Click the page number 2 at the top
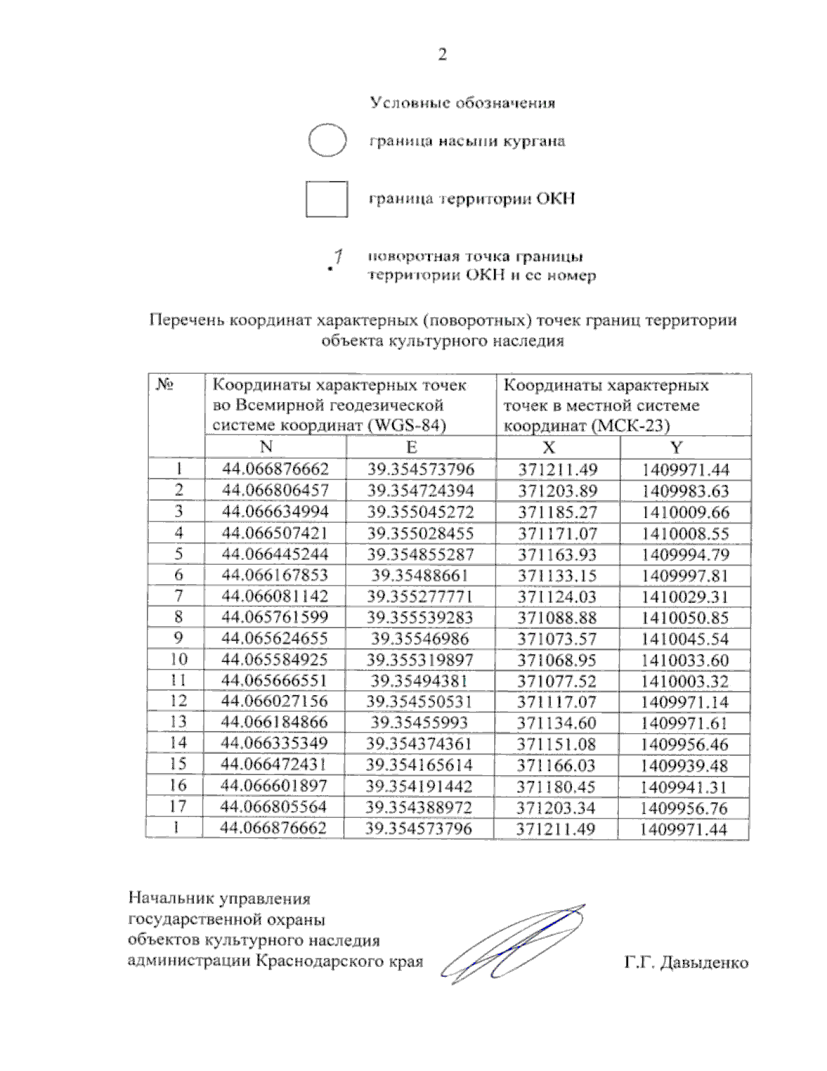(442, 54)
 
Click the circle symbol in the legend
(327, 141)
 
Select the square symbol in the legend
(327, 199)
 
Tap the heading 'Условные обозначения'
(462, 103)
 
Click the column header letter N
(267, 447)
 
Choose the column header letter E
(411, 447)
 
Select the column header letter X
(549, 448)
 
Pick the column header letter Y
(676, 448)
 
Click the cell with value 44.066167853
(275, 575)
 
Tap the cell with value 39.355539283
(420, 617)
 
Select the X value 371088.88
(557, 618)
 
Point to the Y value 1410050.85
(684, 618)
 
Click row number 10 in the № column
(178, 659)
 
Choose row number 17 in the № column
(178, 806)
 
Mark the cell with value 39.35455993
(419, 723)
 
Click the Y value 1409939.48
(684, 765)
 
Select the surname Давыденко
(704, 963)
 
